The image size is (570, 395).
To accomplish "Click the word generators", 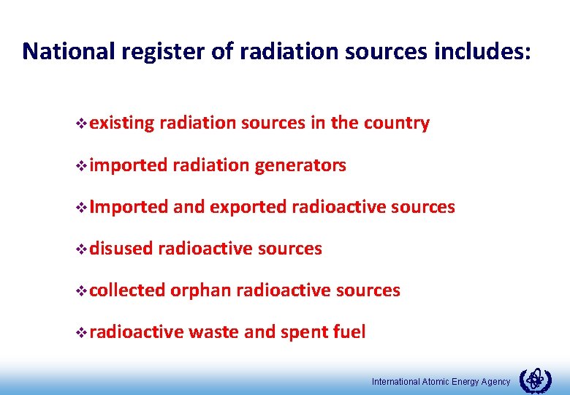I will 300,165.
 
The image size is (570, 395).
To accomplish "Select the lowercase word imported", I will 129,165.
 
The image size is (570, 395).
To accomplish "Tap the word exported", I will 248,207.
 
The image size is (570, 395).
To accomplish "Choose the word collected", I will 128,290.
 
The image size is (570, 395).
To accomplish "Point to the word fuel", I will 350,332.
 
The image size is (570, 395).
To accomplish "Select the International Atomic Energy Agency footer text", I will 441,382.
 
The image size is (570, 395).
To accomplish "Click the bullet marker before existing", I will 81,124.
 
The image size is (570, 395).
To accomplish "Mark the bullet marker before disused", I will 81,249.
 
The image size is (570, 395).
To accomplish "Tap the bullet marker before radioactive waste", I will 81,333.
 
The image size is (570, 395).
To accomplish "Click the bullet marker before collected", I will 81,291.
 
